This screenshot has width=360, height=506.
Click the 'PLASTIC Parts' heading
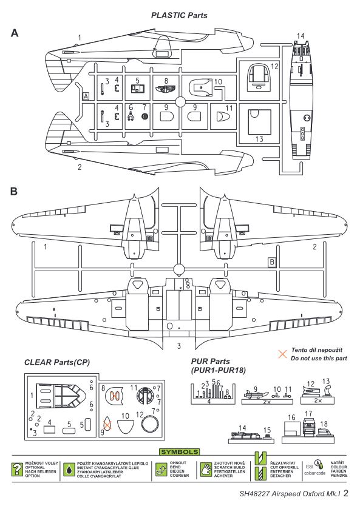(x=179, y=15)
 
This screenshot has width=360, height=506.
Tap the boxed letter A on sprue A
(x=86, y=96)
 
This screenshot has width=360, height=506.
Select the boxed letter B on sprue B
(x=272, y=262)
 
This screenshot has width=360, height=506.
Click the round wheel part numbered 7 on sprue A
(x=144, y=116)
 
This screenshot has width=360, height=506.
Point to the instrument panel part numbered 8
(x=166, y=89)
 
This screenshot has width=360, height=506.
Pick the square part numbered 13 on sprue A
(x=259, y=122)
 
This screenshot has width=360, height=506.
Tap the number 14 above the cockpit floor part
(x=301, y=36)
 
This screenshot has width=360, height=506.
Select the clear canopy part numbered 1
(x=59, y=397)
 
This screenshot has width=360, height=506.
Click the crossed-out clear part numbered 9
(x=107, y=423)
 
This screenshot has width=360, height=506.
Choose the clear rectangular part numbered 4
(x=49, y=429)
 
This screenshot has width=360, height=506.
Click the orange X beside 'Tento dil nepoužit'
(x=282, y=354)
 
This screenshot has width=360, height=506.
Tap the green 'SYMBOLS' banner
(x=180, y=452)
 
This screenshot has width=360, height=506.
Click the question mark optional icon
(x=18, y=470)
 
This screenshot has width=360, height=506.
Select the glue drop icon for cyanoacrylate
(x=69, y=470)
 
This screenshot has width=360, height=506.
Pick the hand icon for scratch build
(x=206, y=470)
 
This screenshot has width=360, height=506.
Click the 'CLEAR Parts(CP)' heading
(x=57, y=362)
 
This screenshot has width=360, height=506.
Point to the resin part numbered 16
(x=291, y=428)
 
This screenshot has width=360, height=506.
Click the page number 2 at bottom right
(x=346, y=493)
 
